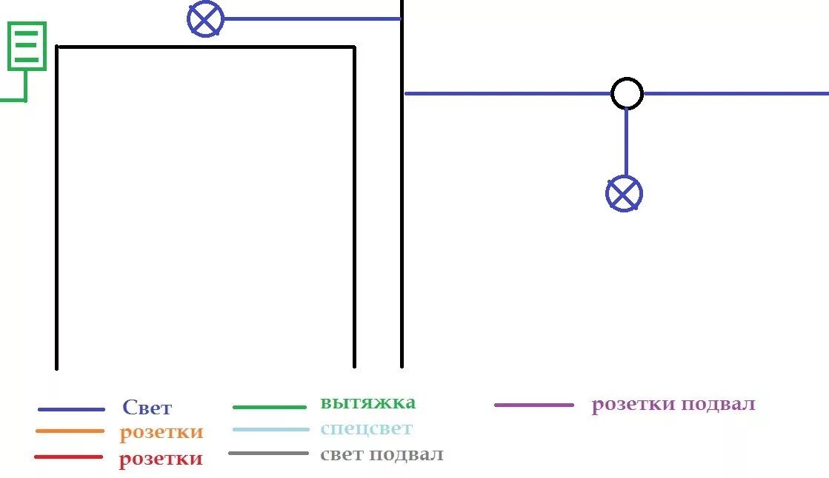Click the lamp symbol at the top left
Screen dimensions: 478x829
point(205,19)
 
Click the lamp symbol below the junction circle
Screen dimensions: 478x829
point(624,194)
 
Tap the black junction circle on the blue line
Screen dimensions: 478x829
point(627,94)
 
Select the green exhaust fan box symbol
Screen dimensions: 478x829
point(27,46)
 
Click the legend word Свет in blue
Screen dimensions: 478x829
point(147,408)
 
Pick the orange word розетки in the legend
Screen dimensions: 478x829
point(161,432)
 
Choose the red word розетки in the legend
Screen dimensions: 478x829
point(161,459)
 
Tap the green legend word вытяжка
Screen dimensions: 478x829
point(367,403)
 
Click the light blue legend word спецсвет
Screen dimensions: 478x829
point(366,428)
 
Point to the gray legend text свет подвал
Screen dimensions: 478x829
point(382,454)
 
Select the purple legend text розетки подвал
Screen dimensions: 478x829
point(673,405)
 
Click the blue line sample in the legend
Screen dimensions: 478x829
point(71,409)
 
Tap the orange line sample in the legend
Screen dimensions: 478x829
point(70,431)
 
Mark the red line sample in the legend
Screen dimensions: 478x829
point(68,457)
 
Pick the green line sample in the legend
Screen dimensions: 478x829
point(269,407)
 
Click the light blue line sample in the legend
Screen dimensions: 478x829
point(270,430)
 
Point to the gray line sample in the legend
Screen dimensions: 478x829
point(268,453)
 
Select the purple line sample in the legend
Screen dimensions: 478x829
point(533,405)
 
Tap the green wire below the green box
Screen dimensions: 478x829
point(25,86)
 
